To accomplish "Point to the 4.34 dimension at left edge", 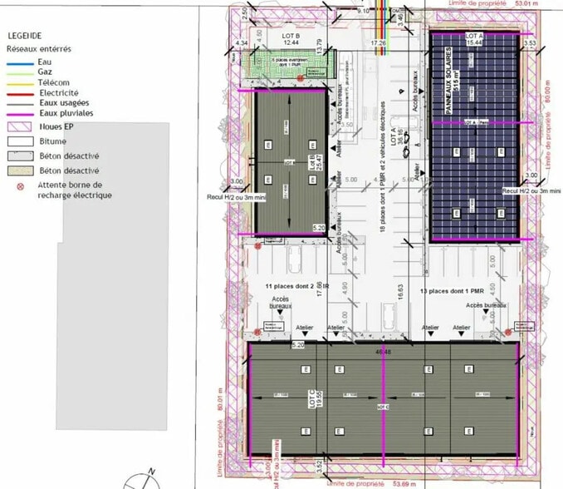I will point(242,42).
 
